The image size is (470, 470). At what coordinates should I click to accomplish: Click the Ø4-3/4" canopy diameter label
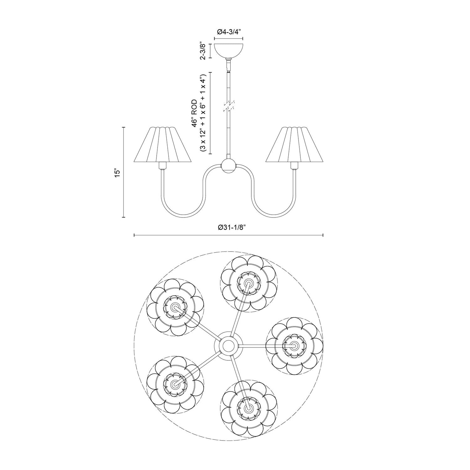228,32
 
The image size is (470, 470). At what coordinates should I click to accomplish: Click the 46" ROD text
195,113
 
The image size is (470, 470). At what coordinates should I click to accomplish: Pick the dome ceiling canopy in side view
228,50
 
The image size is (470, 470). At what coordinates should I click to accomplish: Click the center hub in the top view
228,346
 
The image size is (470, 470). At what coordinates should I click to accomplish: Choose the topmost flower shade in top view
248,283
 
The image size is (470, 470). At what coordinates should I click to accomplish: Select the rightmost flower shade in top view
295,346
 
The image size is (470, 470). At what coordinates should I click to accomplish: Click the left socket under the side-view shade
162,166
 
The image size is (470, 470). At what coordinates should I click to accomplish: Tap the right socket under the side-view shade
295,166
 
